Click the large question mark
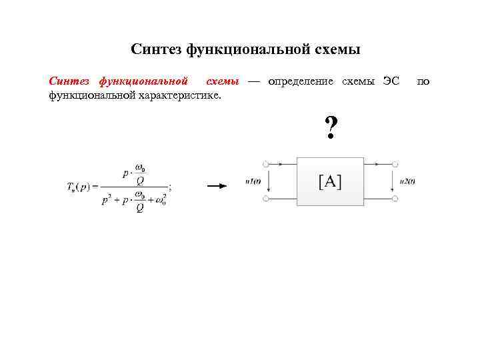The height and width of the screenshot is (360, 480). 330,127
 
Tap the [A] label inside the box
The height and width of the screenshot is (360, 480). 330,181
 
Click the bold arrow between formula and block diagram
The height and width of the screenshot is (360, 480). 217,187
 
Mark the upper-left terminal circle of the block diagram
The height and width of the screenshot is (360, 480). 266,163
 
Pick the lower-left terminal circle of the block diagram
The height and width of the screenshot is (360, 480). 266,199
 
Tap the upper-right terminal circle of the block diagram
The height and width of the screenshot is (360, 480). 397,163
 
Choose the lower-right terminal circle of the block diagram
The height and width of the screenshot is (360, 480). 397,199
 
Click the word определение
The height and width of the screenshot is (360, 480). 301,82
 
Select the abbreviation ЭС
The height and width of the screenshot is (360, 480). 391,82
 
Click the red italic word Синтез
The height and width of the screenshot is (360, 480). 69,82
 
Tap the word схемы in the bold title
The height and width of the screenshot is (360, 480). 335,49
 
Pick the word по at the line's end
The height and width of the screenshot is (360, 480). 423,82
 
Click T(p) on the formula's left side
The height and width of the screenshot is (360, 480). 79,187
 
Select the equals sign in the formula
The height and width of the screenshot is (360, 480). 95,187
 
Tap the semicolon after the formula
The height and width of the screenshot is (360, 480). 170,187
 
